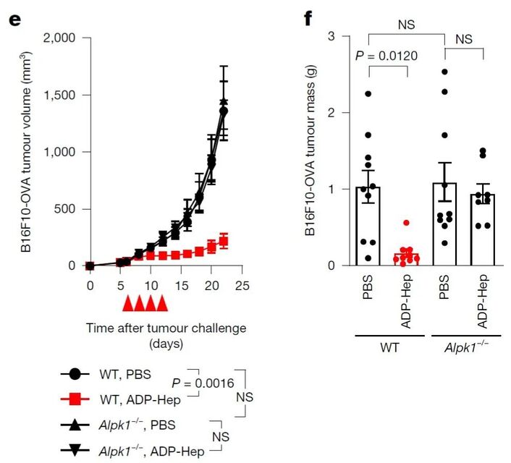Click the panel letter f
pos(307,17)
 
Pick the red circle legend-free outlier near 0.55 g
pos(407,224)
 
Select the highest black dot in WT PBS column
pos(368,94)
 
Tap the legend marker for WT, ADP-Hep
pos(75,399)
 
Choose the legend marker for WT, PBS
pos(75,375)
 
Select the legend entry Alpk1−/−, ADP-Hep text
pos(151,450)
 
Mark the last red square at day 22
pos(224,241)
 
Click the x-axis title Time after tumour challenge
pos(166,328)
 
